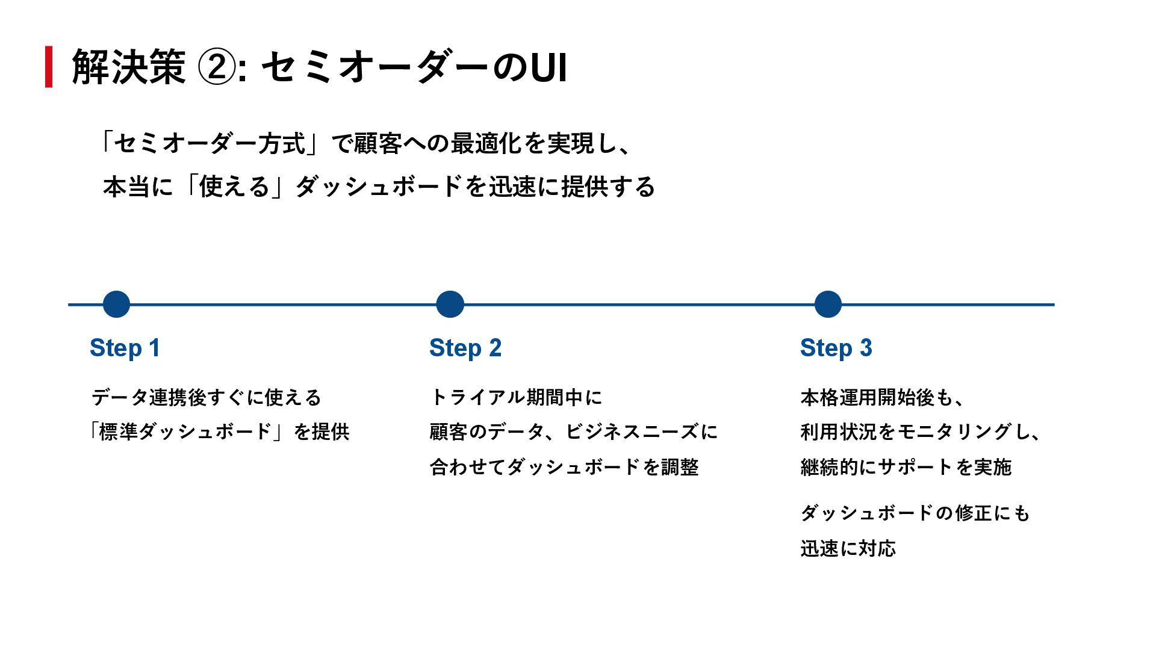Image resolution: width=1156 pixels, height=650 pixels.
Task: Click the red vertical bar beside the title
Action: point(49,67)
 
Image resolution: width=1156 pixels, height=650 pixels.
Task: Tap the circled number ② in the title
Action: point(216,67)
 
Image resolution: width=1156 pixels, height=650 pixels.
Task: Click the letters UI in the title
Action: point(548,67)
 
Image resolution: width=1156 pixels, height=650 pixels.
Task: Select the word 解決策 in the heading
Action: point(129,67)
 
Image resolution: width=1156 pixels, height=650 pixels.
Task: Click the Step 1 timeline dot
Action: point(116,305)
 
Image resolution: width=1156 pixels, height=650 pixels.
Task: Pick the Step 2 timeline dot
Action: point(450,305)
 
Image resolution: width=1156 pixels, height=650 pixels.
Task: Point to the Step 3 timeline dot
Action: point(828,305)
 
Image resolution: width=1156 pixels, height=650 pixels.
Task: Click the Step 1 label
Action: point(125,348)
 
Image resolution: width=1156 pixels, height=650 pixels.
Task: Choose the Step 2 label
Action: point(465,348)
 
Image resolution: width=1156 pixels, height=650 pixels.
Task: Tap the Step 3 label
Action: point(836,348)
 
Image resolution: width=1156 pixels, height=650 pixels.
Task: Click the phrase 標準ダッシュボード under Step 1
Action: point(185,432)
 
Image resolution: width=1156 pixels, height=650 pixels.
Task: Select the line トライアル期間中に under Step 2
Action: point(516,397)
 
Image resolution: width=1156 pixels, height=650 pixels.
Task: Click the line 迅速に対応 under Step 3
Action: point(848,548)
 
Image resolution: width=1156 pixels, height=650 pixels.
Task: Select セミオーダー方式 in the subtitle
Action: point(210,144)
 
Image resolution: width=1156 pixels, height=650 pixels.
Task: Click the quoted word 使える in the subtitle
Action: point(234,187)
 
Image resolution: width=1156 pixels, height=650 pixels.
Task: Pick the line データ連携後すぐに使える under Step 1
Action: point(207,397)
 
